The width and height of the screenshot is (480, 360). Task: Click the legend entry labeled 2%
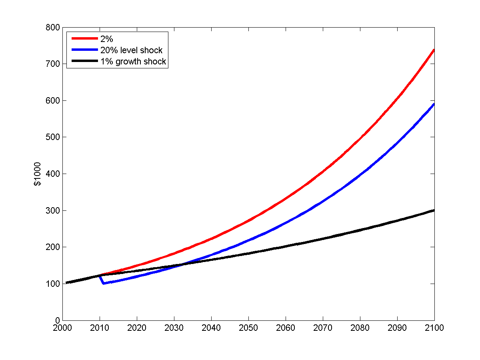[x=106, y=39]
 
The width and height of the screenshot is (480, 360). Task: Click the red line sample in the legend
[x=84, y=38]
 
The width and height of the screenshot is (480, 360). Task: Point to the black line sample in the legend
[x=84, y=62]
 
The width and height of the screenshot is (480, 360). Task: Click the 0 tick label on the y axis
[x=58, y=320]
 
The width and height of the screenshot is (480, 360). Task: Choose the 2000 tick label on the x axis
[x=62, y=328]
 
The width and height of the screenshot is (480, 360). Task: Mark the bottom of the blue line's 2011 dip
[x=104, y=283]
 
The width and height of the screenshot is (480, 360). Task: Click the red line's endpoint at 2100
[x=434, y=50]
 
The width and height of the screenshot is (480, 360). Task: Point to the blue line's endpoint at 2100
[x=434, y=104]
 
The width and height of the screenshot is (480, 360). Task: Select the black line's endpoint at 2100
[x=434, y=210]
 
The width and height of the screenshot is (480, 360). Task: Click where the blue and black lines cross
[x=181, y=264]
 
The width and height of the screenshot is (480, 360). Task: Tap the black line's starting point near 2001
[x=66, y=283]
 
